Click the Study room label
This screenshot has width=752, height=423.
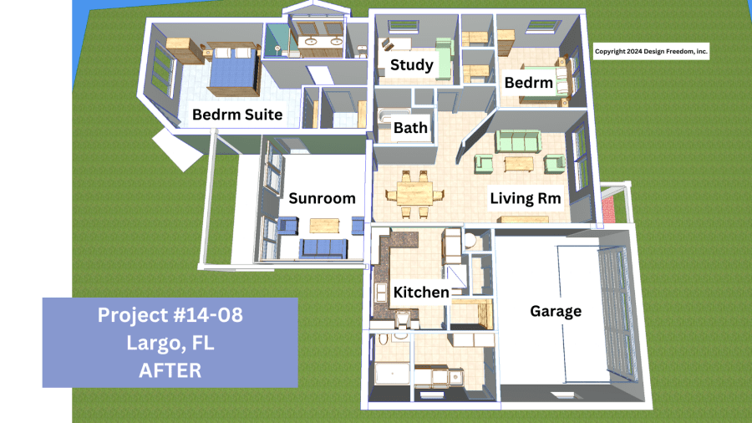(x=411, y=65)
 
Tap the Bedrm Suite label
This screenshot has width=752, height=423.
(x=237, y=115)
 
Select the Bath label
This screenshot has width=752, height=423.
(x=411, y=128)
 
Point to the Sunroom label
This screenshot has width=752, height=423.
(x=323, y=198)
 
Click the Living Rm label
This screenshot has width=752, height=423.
(x=525, y=198)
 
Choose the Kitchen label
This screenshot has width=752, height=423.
(x=422, y=292)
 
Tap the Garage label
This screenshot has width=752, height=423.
(x=556, y=312)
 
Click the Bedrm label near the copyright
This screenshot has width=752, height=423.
(x=528, y=83)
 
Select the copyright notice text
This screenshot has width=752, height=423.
(x=651, y=52)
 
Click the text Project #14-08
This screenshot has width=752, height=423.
(x=170, y=315)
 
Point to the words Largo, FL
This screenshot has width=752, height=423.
(x=170, y=342)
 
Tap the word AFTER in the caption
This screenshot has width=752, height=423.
(x=170, y=369)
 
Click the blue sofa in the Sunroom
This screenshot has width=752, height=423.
(x=323, y=247)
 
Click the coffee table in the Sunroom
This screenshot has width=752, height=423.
(x=324, y=225)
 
